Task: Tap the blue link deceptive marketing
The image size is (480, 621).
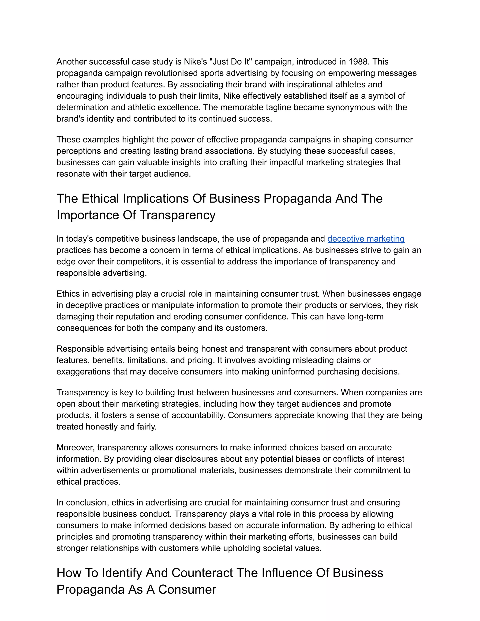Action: click(366, 239)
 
